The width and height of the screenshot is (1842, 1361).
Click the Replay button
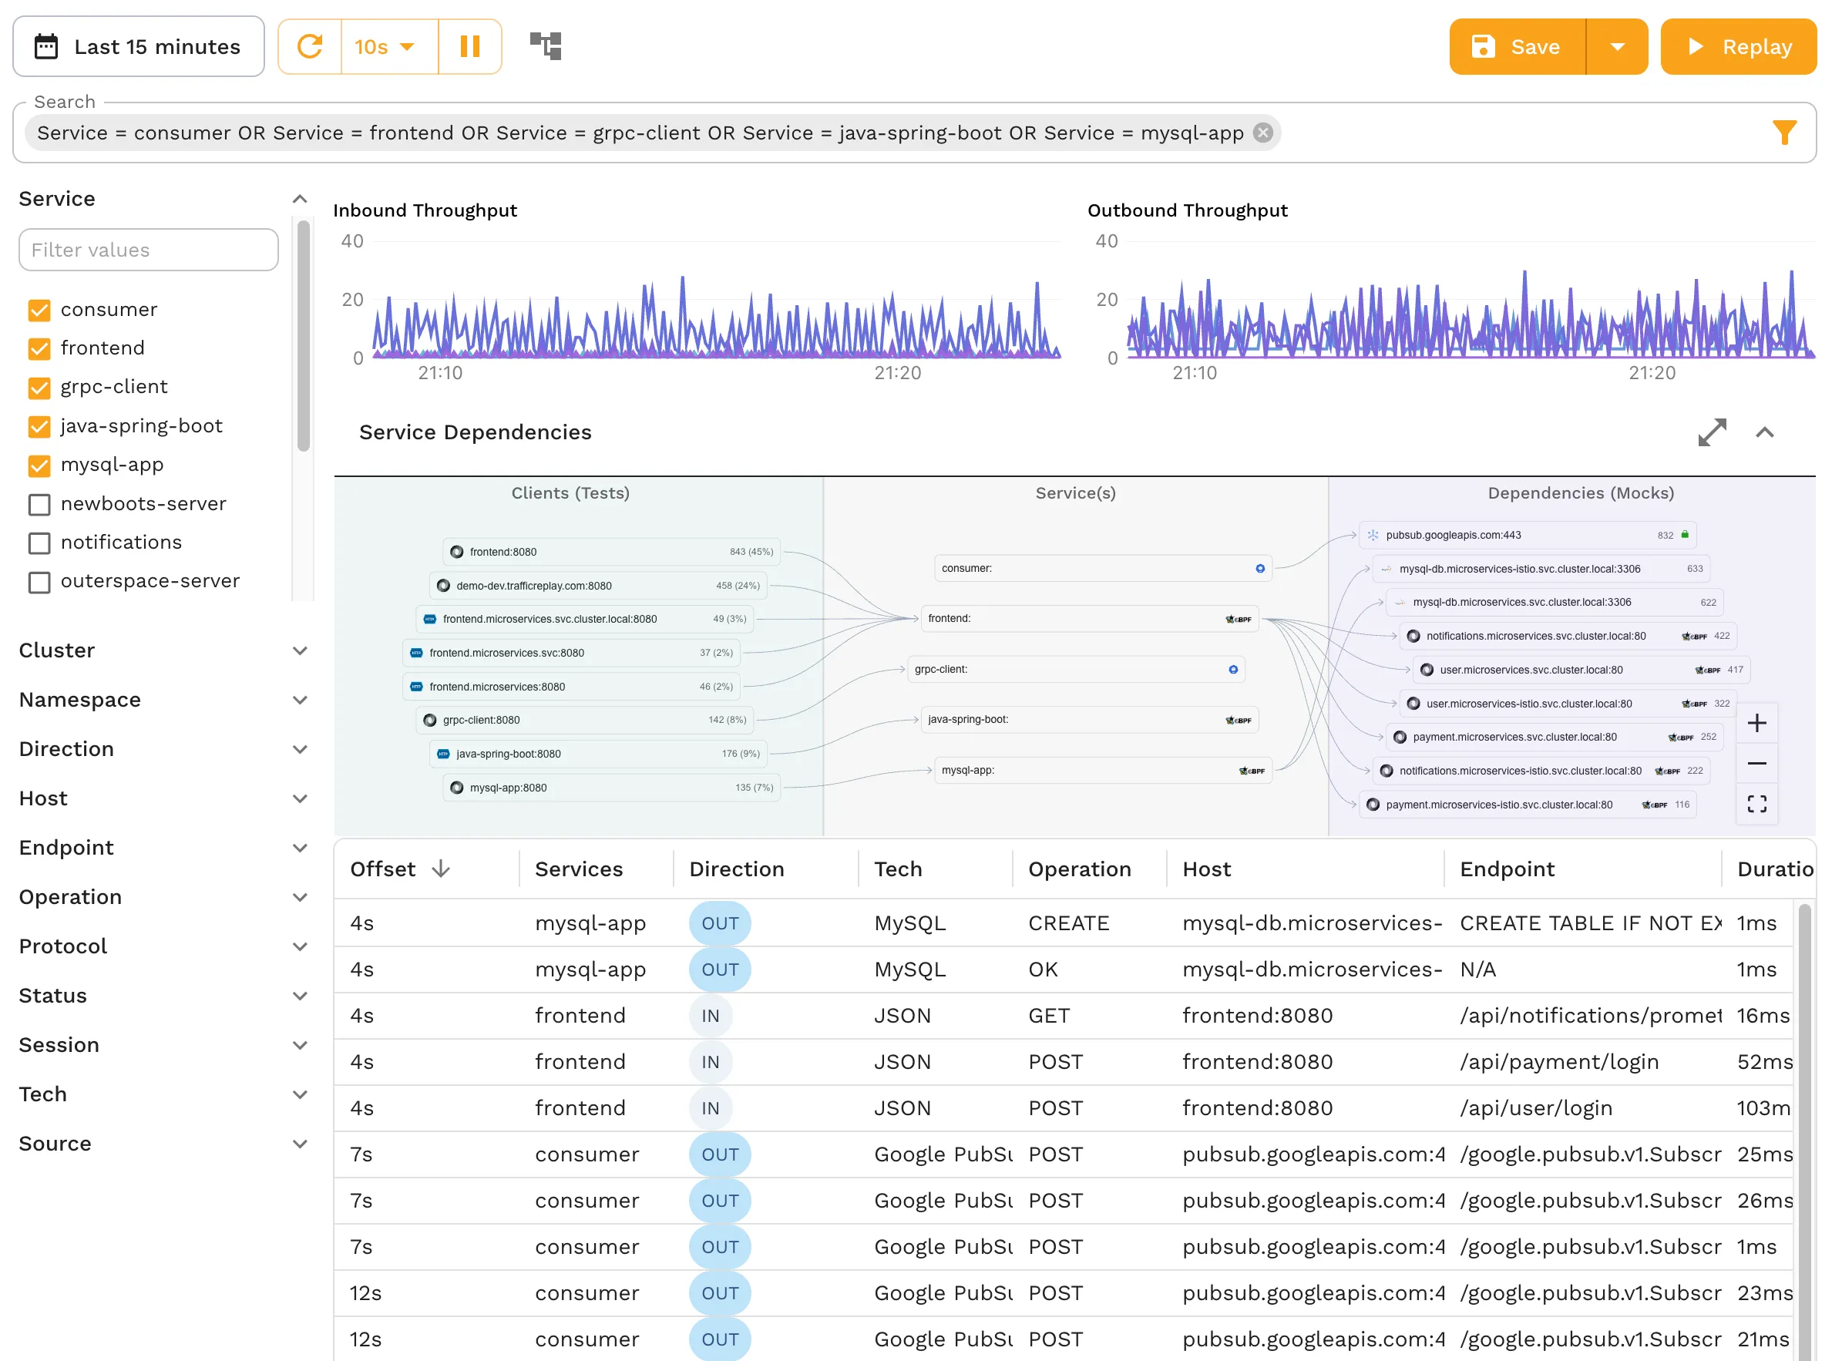tap(1738, 47)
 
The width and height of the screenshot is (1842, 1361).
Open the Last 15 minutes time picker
tap(139, 47)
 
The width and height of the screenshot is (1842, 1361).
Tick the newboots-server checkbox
tap(39, 504)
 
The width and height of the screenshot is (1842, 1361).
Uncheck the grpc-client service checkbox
tap(39, 387)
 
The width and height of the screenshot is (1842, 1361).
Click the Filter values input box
tap(148, 250)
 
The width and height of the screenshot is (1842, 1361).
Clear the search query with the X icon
tap(1263, 133)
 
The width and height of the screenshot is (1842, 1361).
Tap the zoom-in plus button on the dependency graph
tap(1756, 724)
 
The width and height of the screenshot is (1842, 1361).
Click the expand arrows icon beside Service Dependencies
tap(1712, 432)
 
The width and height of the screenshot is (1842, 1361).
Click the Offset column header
tap(383, 869)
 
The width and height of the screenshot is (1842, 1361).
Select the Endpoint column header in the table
tap(1507, 869)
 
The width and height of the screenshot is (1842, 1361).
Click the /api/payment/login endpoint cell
tap(1558, 1062)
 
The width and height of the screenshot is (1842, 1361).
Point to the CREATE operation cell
tap(1068, 923)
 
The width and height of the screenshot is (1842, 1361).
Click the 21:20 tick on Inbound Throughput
tap(897, 373)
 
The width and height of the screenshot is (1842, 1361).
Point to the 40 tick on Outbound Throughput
tap(1106, 241)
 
